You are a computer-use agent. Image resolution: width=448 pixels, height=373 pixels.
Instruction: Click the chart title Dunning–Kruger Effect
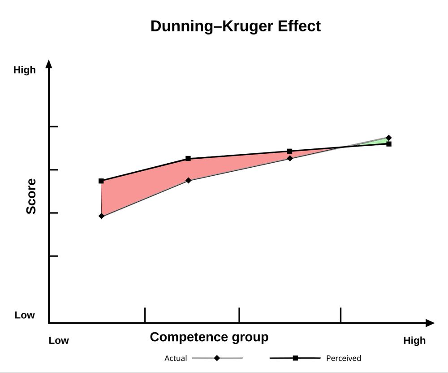pos(235,26)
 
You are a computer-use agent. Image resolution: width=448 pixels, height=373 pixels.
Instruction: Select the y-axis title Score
pos(31,196)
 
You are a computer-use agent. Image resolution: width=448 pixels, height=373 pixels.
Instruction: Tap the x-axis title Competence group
pos(209,337)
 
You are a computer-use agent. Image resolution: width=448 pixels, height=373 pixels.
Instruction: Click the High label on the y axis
pos(24,70)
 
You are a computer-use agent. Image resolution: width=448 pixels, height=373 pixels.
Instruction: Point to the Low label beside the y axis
pos(24,315)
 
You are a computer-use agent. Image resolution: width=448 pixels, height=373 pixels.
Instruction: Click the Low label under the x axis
pos(59,341)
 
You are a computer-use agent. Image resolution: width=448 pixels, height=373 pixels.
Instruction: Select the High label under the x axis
pos(414,341)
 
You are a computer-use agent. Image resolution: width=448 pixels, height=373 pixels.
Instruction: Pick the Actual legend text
pos(176,358)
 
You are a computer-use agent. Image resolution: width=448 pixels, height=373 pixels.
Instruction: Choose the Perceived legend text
pos(344,358)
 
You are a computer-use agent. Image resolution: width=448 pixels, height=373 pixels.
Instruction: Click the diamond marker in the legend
pos(217,358)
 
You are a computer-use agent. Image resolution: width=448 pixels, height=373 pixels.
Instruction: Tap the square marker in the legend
pos(295,358)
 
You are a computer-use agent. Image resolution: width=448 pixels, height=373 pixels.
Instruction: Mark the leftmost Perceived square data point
pos(101,181)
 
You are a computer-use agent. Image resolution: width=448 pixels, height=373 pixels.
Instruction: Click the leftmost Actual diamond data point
pos(101,216)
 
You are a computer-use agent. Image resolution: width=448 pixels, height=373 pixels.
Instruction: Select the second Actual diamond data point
pos(189,180)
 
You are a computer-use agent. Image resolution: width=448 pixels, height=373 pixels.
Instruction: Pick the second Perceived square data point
pos(188,159)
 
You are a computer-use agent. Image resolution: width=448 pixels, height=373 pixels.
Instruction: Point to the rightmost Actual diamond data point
pos(388,138)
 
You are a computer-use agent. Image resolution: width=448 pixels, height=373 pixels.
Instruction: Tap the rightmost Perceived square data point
pos(389,144)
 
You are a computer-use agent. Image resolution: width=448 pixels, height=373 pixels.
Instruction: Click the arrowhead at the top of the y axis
pos(49,64)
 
